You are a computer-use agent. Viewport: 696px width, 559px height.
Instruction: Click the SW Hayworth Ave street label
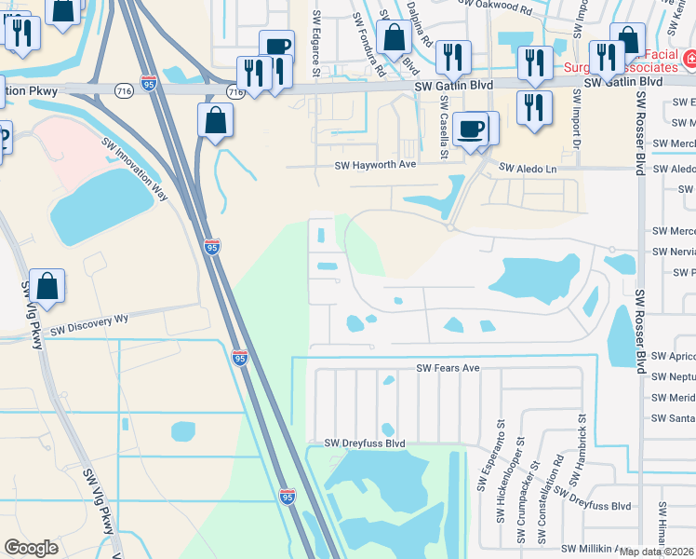375,165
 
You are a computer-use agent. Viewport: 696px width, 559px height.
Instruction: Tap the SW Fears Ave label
448,368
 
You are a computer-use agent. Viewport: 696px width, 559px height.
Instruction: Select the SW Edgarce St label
316,43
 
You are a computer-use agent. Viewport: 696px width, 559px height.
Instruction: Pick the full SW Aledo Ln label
528,167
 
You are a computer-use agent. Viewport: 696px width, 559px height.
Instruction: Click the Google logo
32,548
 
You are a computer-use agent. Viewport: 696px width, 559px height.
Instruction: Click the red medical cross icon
689,61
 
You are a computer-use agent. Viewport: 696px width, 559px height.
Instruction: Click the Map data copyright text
657,552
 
